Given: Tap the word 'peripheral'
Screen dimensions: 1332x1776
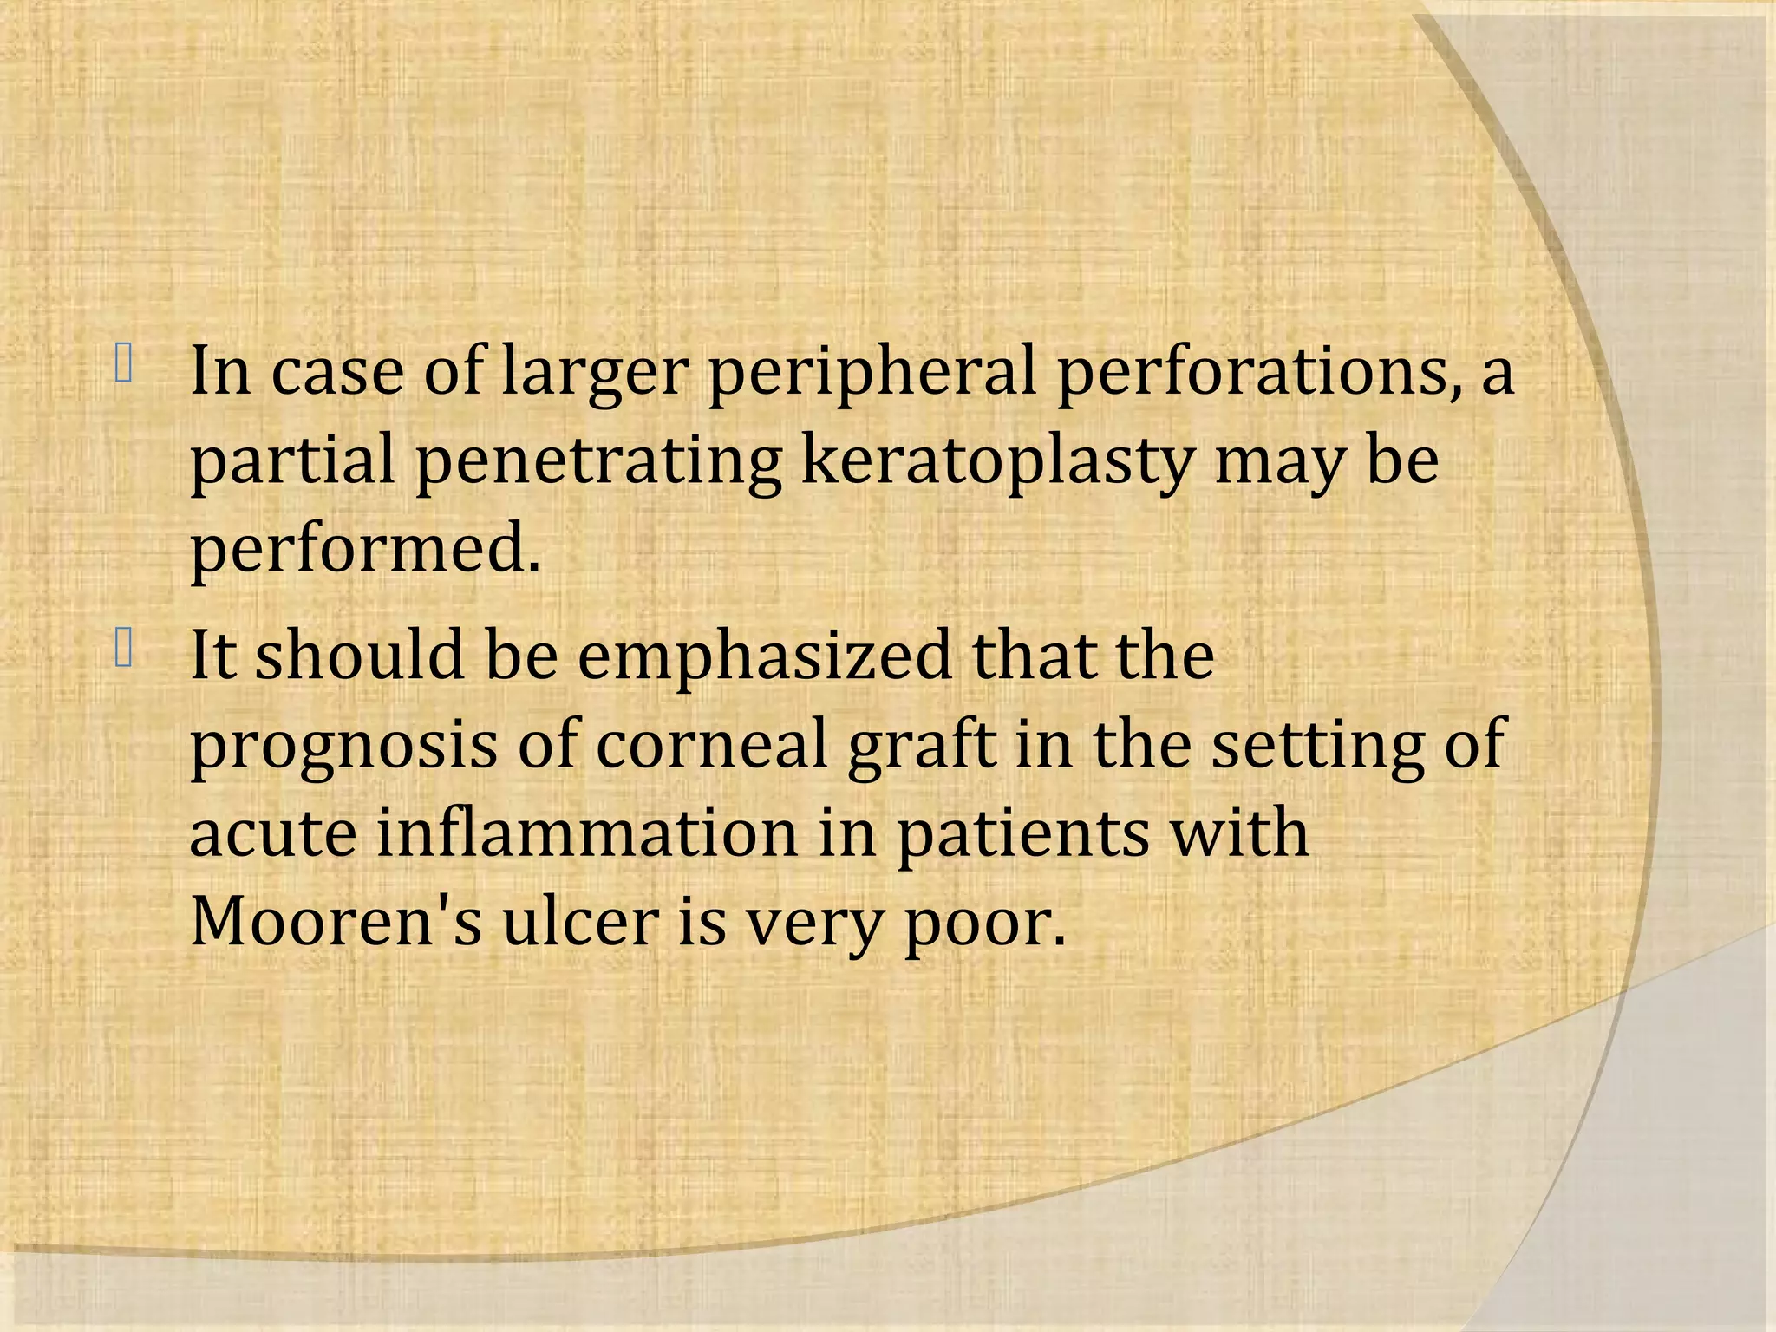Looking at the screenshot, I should pos(872,373).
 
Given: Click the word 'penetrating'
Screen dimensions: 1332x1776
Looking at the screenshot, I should pos(598,462).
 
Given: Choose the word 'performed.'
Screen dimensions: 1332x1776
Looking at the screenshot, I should pos(365,552).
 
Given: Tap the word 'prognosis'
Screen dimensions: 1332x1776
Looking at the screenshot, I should pos(343,747).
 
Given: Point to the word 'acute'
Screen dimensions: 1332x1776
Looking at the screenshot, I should pos(272,834).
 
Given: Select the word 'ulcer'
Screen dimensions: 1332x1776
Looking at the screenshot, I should pos(580,922).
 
